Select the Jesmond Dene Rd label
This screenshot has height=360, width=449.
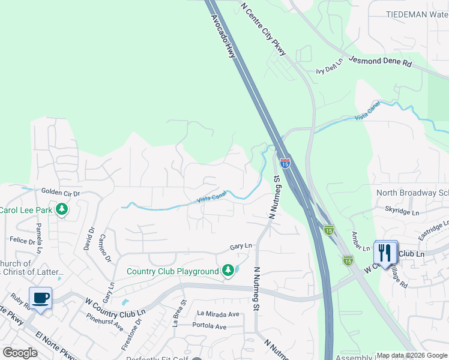(x=381, y=61)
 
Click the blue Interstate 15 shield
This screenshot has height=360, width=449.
(x=285, y=163)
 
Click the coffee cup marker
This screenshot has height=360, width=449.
(x=40, y=298)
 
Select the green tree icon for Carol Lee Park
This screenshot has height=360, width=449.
(x=61, y=209)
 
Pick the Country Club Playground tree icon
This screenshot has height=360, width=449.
(x=228, y=271)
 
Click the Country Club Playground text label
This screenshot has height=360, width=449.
(x=172, y=272)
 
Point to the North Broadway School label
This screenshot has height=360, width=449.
(x=412, y=193)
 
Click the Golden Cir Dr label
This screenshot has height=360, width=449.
(x=60, y=192)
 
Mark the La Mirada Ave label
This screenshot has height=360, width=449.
(x=218, y=314)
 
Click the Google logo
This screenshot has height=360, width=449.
(x=20, y=352)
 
